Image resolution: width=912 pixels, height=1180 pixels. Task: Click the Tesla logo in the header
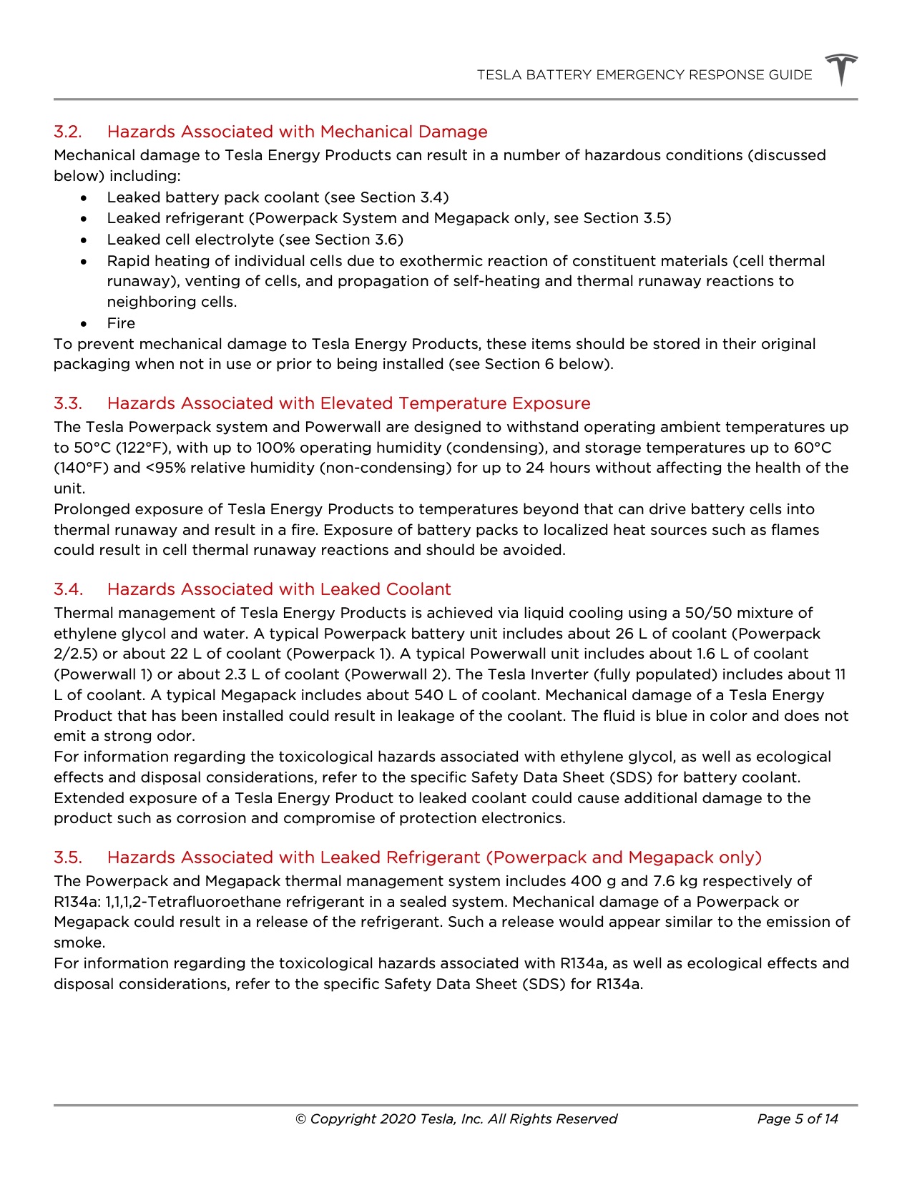(x=841, y=69)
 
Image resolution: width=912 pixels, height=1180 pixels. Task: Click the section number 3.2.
(x=68, y=132)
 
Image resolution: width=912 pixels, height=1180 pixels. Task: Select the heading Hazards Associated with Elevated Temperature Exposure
(x=348, y=404)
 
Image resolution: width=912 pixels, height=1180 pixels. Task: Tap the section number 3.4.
(x=69, y=590)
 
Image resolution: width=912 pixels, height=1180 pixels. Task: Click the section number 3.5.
(x=69, y=858)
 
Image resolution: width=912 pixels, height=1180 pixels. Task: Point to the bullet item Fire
(x=121, y=323)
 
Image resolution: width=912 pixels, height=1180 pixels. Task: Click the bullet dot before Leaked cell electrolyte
(x=84, y=240)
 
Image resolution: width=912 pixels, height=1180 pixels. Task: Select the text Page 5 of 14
(x=797, y=1119)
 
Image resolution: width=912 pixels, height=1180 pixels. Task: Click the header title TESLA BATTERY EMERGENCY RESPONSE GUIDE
(x=644, y=75)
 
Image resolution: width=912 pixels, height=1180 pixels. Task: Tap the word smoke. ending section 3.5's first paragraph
(x=79, y=943)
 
